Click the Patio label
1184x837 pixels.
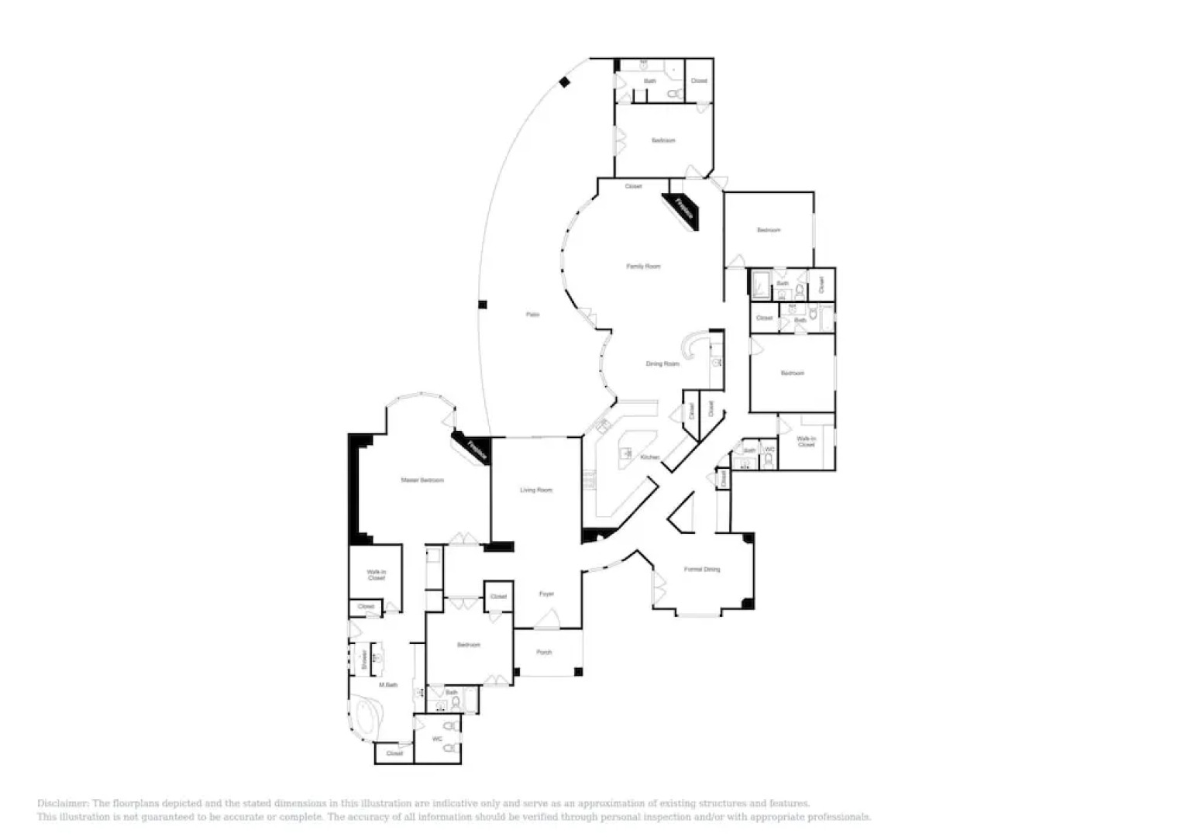[532, 315]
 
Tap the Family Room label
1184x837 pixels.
[643, 267]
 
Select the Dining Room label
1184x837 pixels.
[663, 363]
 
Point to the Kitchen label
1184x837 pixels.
[650, 457]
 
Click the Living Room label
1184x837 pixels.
[535, 490]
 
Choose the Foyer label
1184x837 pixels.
[546, 594]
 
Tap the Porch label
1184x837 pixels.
[544, 653]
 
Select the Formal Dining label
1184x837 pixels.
[702, 570]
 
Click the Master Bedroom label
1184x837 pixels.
[422, 480]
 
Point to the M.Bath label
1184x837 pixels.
[387, 685]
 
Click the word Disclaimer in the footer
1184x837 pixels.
[63, 804]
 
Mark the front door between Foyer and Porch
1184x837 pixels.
[547, 619]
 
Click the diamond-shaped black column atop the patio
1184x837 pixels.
[566, 82]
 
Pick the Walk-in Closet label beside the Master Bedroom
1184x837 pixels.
[376, 575]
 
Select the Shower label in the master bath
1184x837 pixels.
[364, 659]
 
